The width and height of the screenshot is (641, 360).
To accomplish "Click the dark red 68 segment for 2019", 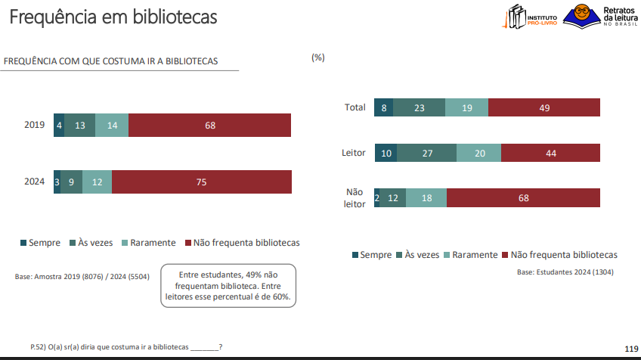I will pyautogui.click(x=209, y=125).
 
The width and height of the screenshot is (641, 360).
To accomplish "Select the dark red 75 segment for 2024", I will pyautogui.click(x=201, y=182).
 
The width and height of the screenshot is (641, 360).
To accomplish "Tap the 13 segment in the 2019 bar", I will pyautogui.click(x=79, y=125).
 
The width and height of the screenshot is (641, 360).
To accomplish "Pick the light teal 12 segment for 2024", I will pyautogui.click(x=97, y=182).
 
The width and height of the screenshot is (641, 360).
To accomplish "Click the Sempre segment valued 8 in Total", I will pyautogui.click(x=384, y=107).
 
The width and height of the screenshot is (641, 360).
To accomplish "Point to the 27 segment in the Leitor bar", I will pyautogui.click(x=426, y=154).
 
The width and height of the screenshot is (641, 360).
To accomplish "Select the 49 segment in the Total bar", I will pyautogui.click(x=544, y=107).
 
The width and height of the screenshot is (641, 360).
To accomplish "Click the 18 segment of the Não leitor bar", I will pyautogui.click(x=426, y=198).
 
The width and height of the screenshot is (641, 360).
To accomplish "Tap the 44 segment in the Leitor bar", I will pyautogui.click(x=550, y=154).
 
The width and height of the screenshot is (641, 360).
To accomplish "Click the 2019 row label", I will pyautogui.click(x=34, y=125).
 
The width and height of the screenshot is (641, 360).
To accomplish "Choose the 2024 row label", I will pyautogui.click(x=34, y=182).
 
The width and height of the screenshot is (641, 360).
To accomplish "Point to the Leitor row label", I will pyautogui.click(x=354, y=154).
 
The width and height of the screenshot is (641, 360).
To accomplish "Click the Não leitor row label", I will pyautogui.click(x=355, y=198).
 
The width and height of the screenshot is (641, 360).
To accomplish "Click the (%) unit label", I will pyautogui.click(x=317, y=57).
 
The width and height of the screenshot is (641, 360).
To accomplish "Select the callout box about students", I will pyautogui.click(x=228, y=286).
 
